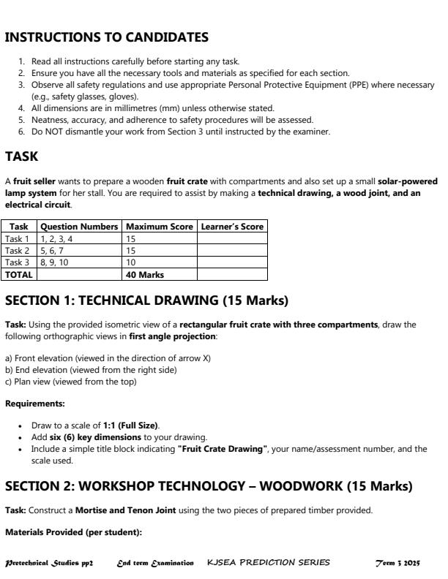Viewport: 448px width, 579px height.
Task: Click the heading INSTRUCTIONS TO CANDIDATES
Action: (x=107, y=37)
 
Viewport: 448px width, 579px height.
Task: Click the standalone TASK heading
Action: (x=20, y=156)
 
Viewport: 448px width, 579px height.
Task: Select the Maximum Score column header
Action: (x=160, y=227)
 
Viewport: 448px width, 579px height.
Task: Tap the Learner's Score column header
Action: (x=232, y=227)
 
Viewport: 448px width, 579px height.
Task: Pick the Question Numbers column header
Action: (x=79, y=227)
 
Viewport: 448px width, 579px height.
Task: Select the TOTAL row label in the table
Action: (x=19, y=275)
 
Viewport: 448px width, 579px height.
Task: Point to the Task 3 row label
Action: (x=18, y=262)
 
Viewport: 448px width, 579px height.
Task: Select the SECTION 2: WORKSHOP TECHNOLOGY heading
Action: (x=209, y=487)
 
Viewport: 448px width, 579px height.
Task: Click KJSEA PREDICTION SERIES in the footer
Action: (x=269, y=563)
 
